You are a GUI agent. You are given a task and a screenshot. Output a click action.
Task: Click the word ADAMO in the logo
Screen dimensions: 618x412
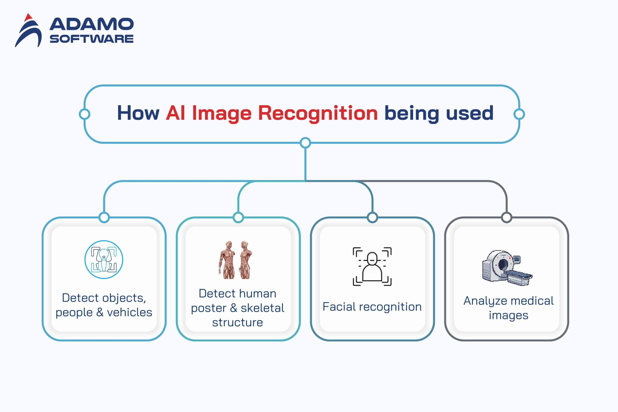click(x=91, y=24)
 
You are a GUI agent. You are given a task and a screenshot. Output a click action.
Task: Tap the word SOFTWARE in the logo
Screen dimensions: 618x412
click(x=91, y=39)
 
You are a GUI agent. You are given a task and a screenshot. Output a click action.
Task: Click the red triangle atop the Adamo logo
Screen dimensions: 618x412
click(x=28, y=18)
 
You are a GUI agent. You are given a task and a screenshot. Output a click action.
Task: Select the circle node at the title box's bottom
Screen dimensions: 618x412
click(x=305, y=143)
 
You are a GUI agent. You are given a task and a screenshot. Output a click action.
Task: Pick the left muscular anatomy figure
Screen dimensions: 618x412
click(x=228, y=260)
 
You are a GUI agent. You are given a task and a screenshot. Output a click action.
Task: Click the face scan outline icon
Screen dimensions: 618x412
click(x=372, y=266)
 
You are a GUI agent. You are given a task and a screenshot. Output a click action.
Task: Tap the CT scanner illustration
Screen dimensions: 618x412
click(x=507, y=267)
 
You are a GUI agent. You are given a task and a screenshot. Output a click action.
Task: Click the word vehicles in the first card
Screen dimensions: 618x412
click(x=130, y=312)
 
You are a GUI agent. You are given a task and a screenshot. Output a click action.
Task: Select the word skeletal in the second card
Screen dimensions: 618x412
click(x=262, y=308)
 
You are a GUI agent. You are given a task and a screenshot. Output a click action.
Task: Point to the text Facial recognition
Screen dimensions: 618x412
click(x=372, y=307)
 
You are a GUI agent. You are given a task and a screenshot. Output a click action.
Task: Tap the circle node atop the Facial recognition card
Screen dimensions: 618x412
click(x=372, y=217)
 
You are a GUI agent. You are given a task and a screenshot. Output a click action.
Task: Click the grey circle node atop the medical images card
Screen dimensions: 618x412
click(x=507, y=217)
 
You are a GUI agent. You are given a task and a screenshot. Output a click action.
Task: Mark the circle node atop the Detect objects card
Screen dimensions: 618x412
click(x=104, y=217)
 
